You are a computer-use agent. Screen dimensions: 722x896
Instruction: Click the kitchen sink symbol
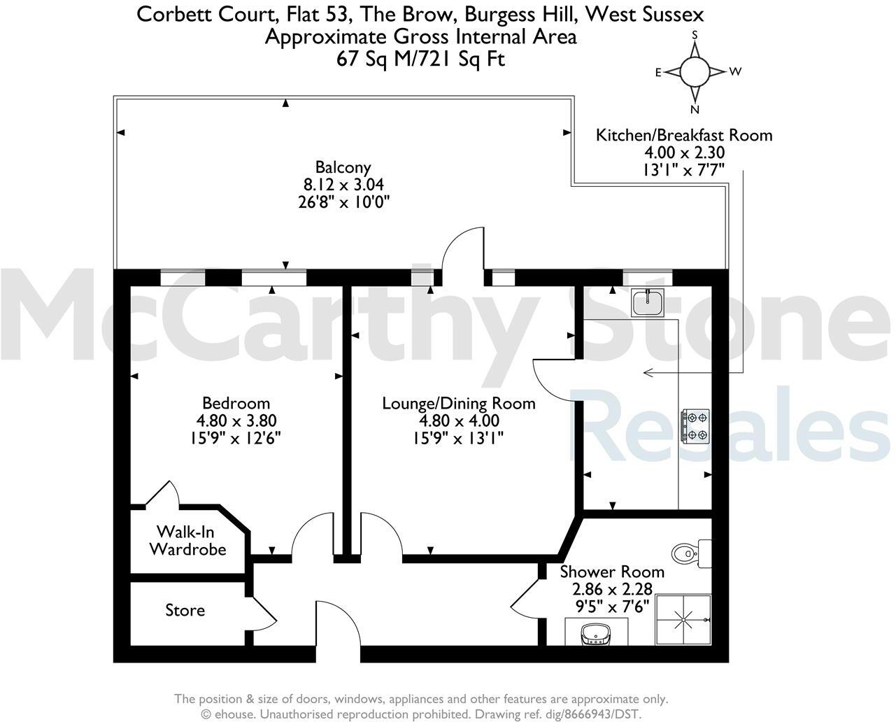648,302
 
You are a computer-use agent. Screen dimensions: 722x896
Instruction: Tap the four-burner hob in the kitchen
695,426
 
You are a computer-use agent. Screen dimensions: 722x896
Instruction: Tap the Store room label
185,610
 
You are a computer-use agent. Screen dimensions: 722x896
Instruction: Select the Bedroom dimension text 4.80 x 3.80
236,421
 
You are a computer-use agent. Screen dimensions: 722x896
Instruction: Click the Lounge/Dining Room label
459,404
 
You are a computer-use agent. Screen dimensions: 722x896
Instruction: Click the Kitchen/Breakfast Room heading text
684,135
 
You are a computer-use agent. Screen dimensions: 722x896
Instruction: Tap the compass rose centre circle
695,71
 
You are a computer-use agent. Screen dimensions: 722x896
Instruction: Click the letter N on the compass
695,110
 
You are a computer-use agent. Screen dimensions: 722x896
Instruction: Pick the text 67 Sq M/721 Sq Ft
420,59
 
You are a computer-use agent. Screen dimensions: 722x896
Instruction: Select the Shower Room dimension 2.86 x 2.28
612,589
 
